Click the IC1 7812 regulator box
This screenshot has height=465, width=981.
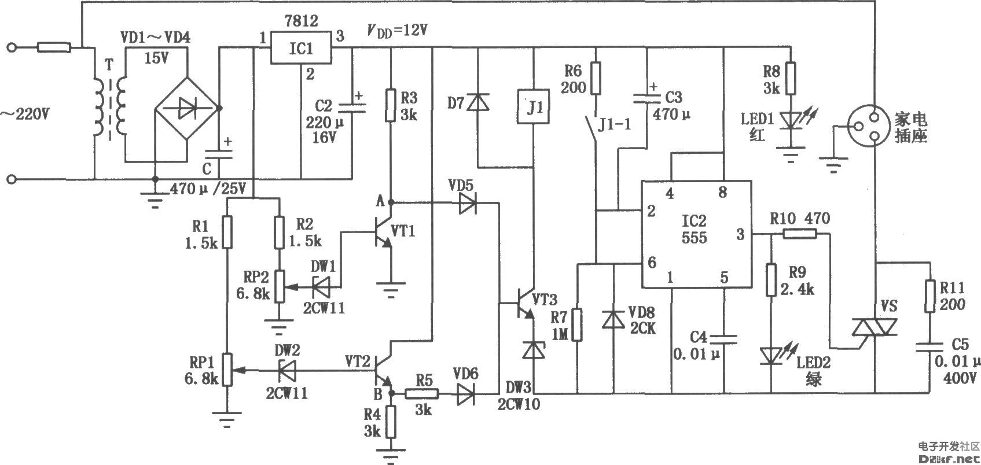pyautogui.click(x=301, y=47)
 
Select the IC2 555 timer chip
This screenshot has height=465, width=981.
pyautogui.click(x=697, y=234)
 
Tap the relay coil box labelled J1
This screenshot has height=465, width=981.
pyautogui.click(x=534, y=107)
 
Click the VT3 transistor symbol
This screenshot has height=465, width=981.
pyautogui.click(x=525, y=303)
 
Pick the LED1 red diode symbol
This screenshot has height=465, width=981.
pyautogui.click(x=791, y=120)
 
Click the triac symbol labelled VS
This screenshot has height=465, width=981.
pyautogui.click(x=875, y=327)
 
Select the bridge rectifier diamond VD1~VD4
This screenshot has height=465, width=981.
pyautogui.click(x=187, y=109)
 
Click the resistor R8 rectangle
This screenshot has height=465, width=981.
pyautogui.click(x=791, y=79)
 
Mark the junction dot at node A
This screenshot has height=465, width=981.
pyautogui.click(x=391, y=202)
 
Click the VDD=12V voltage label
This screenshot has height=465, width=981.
pyautogui.click(x=397, y=31)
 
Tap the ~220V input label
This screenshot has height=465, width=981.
pyautogui.click(x=25, y=115)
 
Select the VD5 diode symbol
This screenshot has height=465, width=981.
pyautogui.click(x=468, y=203)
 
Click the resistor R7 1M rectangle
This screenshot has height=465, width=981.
pyautogui.click(x=578, y=324)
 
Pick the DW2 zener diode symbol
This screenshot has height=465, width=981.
pyautogui.click(x=287, y=371)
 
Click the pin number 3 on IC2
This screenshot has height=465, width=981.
pyautogui.click(x=740, y=234)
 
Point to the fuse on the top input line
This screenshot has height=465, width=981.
pyautogui.click(x=54, y=47)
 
